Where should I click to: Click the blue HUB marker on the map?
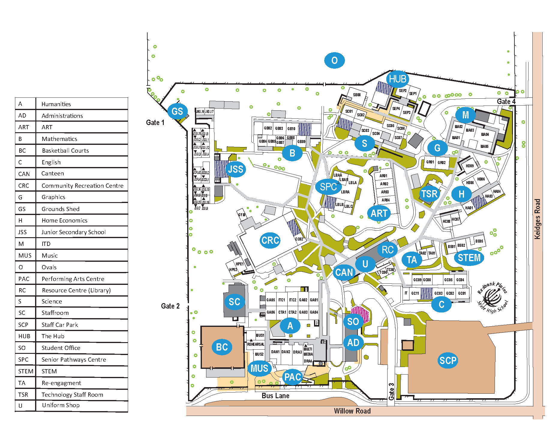coord(398,79)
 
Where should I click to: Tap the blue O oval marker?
coord(334,61)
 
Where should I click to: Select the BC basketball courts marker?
coord(222,347)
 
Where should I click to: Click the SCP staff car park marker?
coord(448,360)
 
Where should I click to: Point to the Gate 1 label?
coord(155,123)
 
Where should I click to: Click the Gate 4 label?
coord(506,101)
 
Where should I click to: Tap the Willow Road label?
coord(352,411)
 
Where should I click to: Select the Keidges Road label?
coord(537,219)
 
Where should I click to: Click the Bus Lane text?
coord(275,396)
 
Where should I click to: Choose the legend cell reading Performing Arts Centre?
coord(73,279)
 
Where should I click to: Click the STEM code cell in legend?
coord(25,371)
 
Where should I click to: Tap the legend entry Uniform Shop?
coord(61,405)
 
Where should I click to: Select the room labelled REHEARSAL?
coord(256,344)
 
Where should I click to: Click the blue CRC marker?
coord(270,240)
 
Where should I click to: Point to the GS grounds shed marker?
coord(177,111)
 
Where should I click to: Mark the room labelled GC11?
coord(415,293)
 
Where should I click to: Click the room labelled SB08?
coord(357,95)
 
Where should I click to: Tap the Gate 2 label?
coord(170,306)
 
